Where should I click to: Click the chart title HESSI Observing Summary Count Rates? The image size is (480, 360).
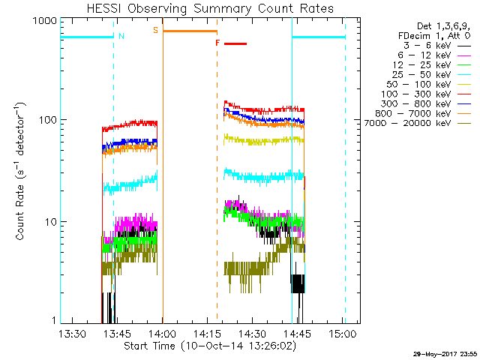[210, 8]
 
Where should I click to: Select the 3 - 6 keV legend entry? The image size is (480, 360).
[437, 46]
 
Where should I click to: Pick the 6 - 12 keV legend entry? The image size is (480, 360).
[434, 55]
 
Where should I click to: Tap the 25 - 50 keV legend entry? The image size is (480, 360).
[432, 75]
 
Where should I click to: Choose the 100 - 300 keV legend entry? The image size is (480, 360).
[426, 94]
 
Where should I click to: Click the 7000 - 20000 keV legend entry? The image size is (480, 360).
[418, 123]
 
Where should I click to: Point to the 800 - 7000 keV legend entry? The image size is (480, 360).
[423, 113]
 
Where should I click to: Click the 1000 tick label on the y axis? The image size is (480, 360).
[45, 21]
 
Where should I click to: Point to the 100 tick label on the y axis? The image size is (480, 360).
[48, 120]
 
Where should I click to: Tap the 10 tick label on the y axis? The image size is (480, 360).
[51, 222]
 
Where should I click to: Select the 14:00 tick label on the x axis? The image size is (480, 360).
[163, 334]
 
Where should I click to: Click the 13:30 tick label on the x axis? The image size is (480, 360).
[72, 334]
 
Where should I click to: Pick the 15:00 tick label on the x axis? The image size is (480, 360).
[343, 334]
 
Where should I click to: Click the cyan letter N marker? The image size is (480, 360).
[121, 36]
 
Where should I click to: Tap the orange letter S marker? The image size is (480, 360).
[155, 30]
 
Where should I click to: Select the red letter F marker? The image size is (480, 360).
[217, 43]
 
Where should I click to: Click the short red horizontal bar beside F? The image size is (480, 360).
[235, 43]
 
